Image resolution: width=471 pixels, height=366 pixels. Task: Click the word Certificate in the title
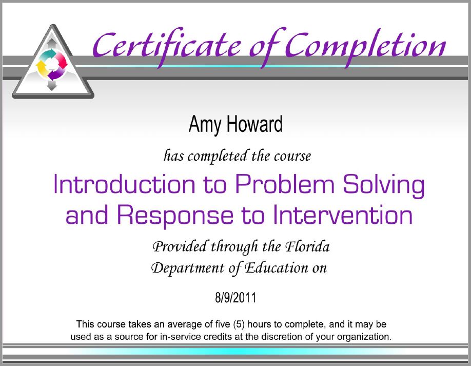(167, 46)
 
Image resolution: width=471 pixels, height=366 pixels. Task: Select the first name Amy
(205, 124)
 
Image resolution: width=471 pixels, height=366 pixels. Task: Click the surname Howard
(254, 124)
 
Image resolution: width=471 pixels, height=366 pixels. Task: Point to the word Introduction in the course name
(124, 184)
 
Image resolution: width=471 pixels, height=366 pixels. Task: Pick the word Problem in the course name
(284, 184)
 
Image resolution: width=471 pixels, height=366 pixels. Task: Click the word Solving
(384, 185)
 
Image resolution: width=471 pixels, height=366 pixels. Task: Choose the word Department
(188, 268)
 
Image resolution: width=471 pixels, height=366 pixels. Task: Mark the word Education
(276, 267)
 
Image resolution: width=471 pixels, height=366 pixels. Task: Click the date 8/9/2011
(235, 298)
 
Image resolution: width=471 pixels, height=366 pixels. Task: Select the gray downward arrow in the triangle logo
(52, 85)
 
